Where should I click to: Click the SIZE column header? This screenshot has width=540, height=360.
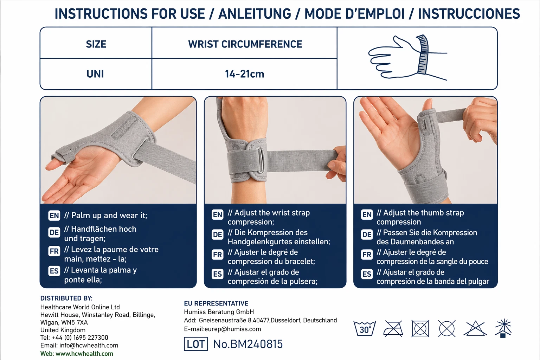tap(96, 44)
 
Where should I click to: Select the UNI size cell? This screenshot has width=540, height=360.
tap(95, 74)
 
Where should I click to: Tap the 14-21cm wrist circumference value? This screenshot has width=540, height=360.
tap(244, 74)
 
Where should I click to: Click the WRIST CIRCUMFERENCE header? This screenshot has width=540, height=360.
tap(245, 44)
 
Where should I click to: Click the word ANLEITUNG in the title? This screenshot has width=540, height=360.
tap(255, 14)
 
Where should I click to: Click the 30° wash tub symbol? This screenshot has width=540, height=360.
tap(365, 328)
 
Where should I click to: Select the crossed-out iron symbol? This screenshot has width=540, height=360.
tap(393, 328)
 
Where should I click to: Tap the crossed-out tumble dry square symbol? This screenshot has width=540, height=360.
tap(420, 328)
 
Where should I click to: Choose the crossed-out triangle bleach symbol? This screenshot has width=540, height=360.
tap(475, 328)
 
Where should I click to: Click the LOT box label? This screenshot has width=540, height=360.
tap(196, 344)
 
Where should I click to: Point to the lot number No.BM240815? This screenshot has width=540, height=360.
tap(248, 344)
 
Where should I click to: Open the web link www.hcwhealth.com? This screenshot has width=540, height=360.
tap(84, 353)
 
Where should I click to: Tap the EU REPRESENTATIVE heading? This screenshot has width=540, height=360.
tap(216, 303)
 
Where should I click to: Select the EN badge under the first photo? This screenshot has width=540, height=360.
tap(54, 216)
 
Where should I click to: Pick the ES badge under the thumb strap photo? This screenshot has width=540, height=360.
tap(367, 274)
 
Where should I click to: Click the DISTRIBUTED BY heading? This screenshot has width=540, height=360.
tap(66, 298)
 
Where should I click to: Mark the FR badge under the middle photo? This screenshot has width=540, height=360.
tap(218, 255)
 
